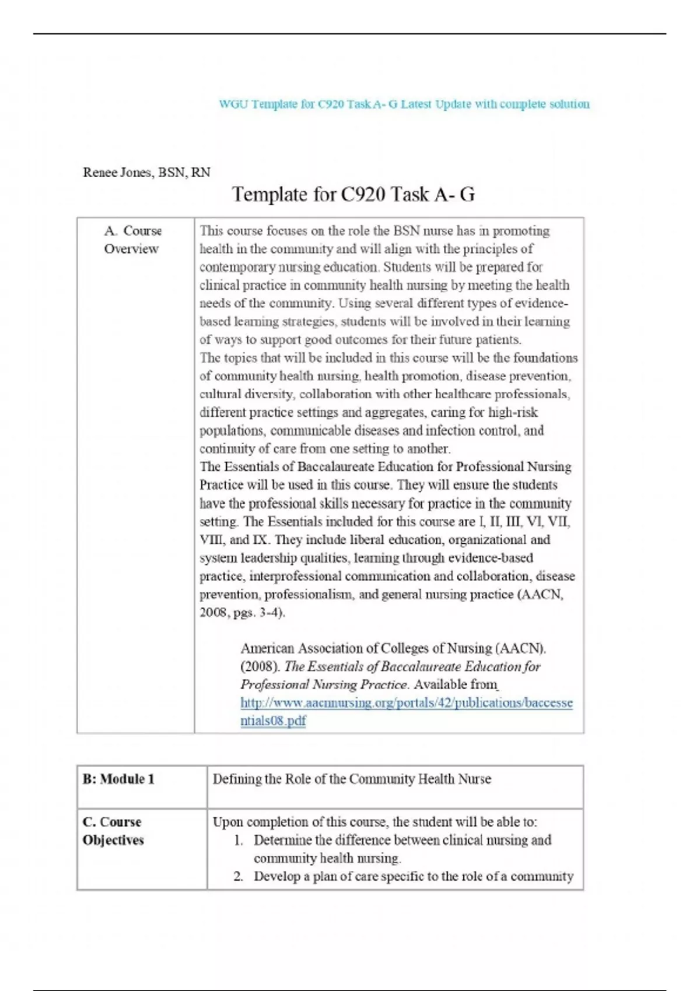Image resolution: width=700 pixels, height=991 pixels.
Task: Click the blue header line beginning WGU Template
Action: tap(404, 104)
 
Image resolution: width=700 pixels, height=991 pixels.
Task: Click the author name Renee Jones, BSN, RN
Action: tap(146, 173)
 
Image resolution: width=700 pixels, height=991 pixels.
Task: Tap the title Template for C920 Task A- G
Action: tap(353, 194)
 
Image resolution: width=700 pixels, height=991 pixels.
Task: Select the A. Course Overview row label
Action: tap(132, 240)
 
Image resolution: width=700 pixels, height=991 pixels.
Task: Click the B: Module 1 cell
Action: tap(118, 779)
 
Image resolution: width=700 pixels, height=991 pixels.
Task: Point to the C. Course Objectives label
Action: tap(113, 831)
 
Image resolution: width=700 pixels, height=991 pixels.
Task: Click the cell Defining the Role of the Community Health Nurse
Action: tap(352, 779)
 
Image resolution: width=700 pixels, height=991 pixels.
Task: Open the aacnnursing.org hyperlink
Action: tap(406, 703)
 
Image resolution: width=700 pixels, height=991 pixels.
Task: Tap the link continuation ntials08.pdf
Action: tap(273, 721)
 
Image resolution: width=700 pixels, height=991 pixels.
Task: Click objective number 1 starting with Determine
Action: tap(402, 841)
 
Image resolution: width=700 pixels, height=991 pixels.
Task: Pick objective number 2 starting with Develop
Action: tap(413, 877)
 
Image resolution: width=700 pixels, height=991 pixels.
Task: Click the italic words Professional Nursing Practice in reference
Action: tap(324, 685)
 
